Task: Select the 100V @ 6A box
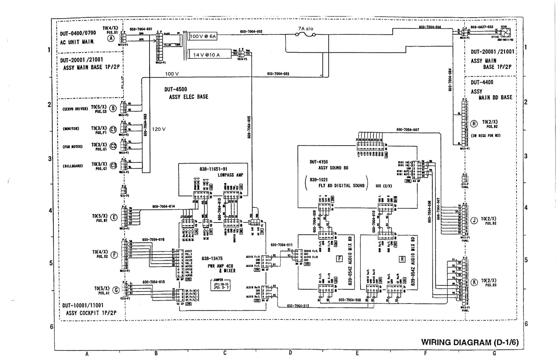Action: click(x=203, y=36)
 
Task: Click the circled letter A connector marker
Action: click(x=111, y=39)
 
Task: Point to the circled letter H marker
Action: click(x=474, y=124)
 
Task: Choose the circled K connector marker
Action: click(x=474, y=282)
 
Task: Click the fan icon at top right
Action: click(x=505, y=33)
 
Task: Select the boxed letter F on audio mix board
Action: click(x=340, y=259)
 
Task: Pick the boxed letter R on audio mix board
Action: click(x=402, y=259)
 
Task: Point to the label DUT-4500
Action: click(x=176, y=89)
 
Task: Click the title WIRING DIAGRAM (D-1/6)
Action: click(x=470, y=342)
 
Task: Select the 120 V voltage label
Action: click(x=159, y=129)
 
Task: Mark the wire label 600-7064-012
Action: click(x=298, y=306)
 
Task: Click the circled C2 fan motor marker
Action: click(x=113, y=146)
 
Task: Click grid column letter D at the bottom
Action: click(x=290, y=353)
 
